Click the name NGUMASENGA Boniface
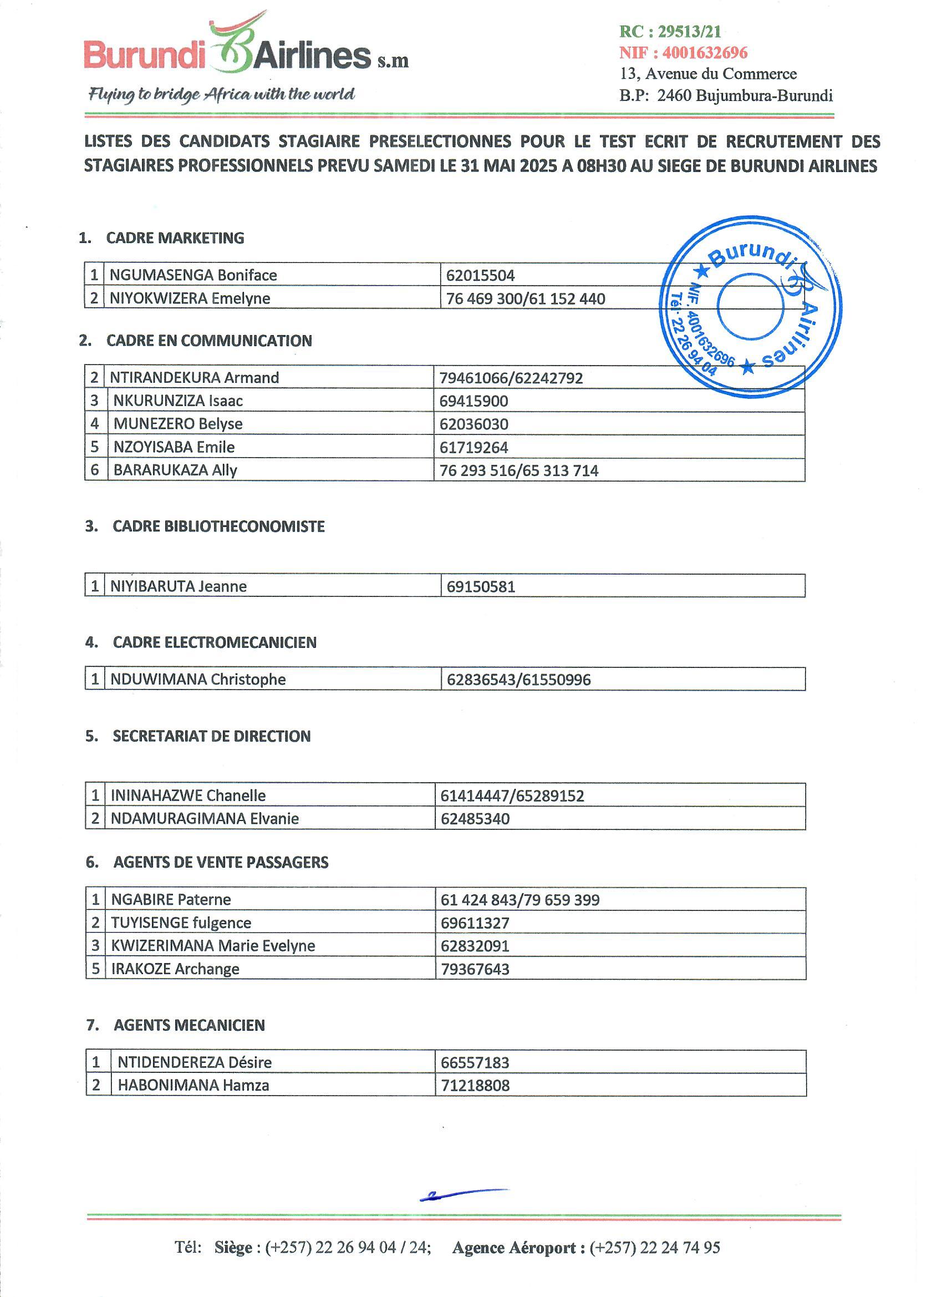pyautogui.click(x=193, y=275)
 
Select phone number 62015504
pyautogui.click(x=480, y=276)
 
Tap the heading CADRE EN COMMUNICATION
pyautogui.click(x=209, y=341)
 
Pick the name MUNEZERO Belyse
pyautogui.click(x=178, y=424)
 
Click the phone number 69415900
pyautogui.click(x=473, y=401)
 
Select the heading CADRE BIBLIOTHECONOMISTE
pyautogui.click(x=218, y=526)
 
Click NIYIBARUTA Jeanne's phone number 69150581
pyautogui.click(x=481, y=587)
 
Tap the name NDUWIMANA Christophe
pyautogui.click(x=198, y=680)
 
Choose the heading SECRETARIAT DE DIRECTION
pyautogui.click(x=211, y=736)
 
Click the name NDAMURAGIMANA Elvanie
pyautogui.click(x=205, y=818)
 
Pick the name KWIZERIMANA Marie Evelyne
pyautogui.click(x=213, y=945)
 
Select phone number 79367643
pyautogui.click(x=475, y=969)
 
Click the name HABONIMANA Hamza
pyautogui.click(x=193, y=1085)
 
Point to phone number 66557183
pyautogui.click(x=475, y=1062)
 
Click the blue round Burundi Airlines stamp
pyautogui.click(x=751, y=307)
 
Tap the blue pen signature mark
pyautogui.click(x=463, y=1193)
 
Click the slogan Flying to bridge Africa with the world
pyautogui.click(x=221, y=94)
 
